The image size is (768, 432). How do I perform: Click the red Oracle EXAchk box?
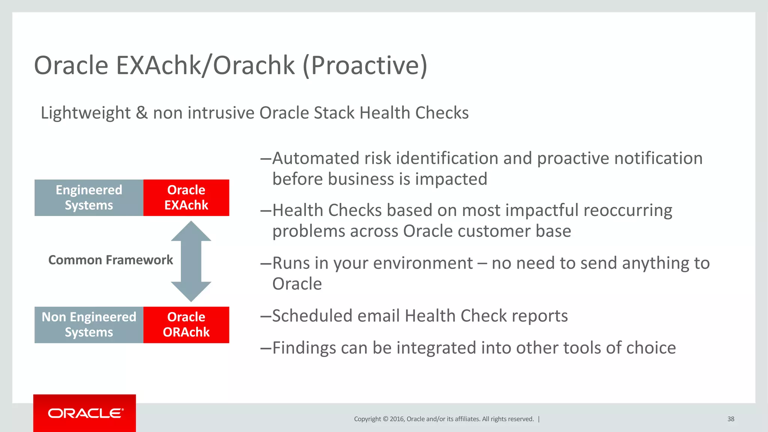click(186, 198)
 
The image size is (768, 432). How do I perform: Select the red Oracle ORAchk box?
click(186, 325)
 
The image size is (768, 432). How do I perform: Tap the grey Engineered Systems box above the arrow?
click(89, 198)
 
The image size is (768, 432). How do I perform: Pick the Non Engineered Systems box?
click(89, 325)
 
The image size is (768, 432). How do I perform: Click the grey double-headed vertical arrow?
click(191, 261)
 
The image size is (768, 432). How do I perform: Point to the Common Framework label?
click(111, 260)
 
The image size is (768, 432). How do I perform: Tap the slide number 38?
click(730, 419)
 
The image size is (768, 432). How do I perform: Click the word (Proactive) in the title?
click(364, 66)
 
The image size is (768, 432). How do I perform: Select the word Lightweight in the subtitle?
click(85, 113)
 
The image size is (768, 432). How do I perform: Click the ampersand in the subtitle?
click(142, 113)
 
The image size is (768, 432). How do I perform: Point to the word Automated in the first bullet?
click(316, 158)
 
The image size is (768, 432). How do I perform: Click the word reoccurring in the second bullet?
click(628, 210)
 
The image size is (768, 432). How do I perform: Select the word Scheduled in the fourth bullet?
click(312, 316)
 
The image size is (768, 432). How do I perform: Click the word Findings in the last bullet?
click(304, 348)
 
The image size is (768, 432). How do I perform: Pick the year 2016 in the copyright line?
click(397, 419)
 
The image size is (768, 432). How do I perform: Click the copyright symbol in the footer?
click(385, 419)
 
